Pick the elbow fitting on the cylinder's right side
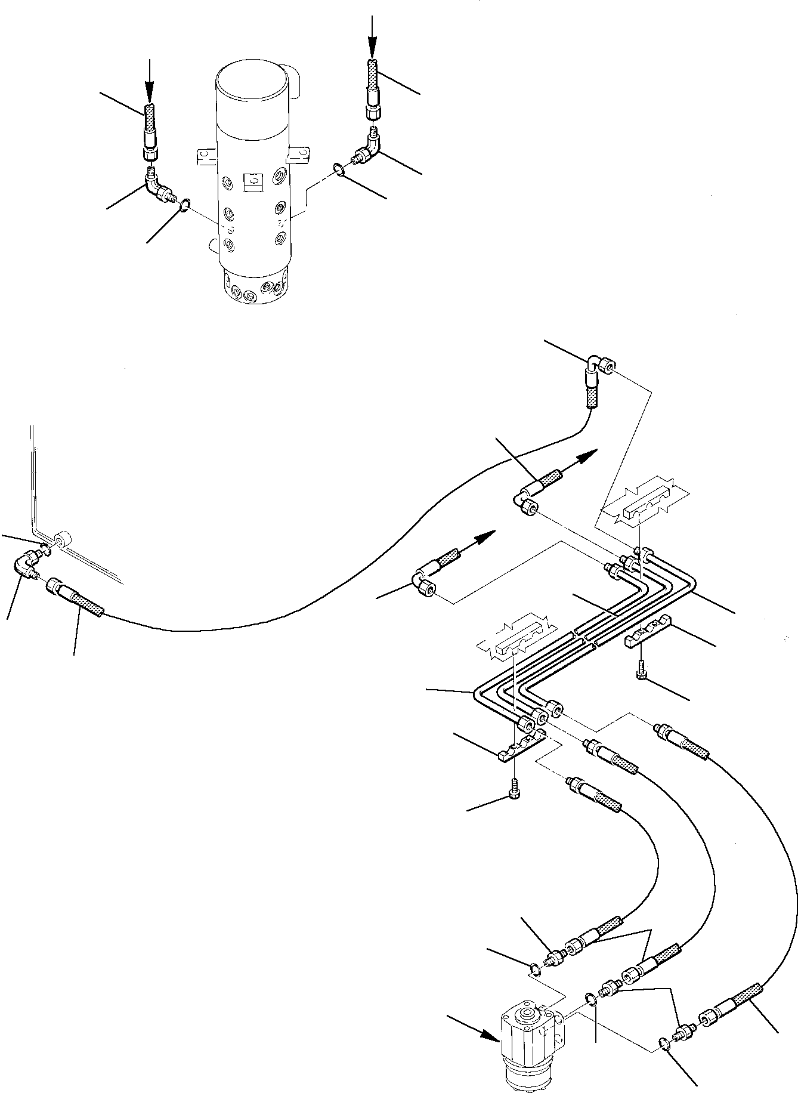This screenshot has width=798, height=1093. click(x=366, y=151)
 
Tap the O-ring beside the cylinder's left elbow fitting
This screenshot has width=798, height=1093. click(x=185, y=206)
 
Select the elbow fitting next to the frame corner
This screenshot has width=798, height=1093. click(x=27, y=564)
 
